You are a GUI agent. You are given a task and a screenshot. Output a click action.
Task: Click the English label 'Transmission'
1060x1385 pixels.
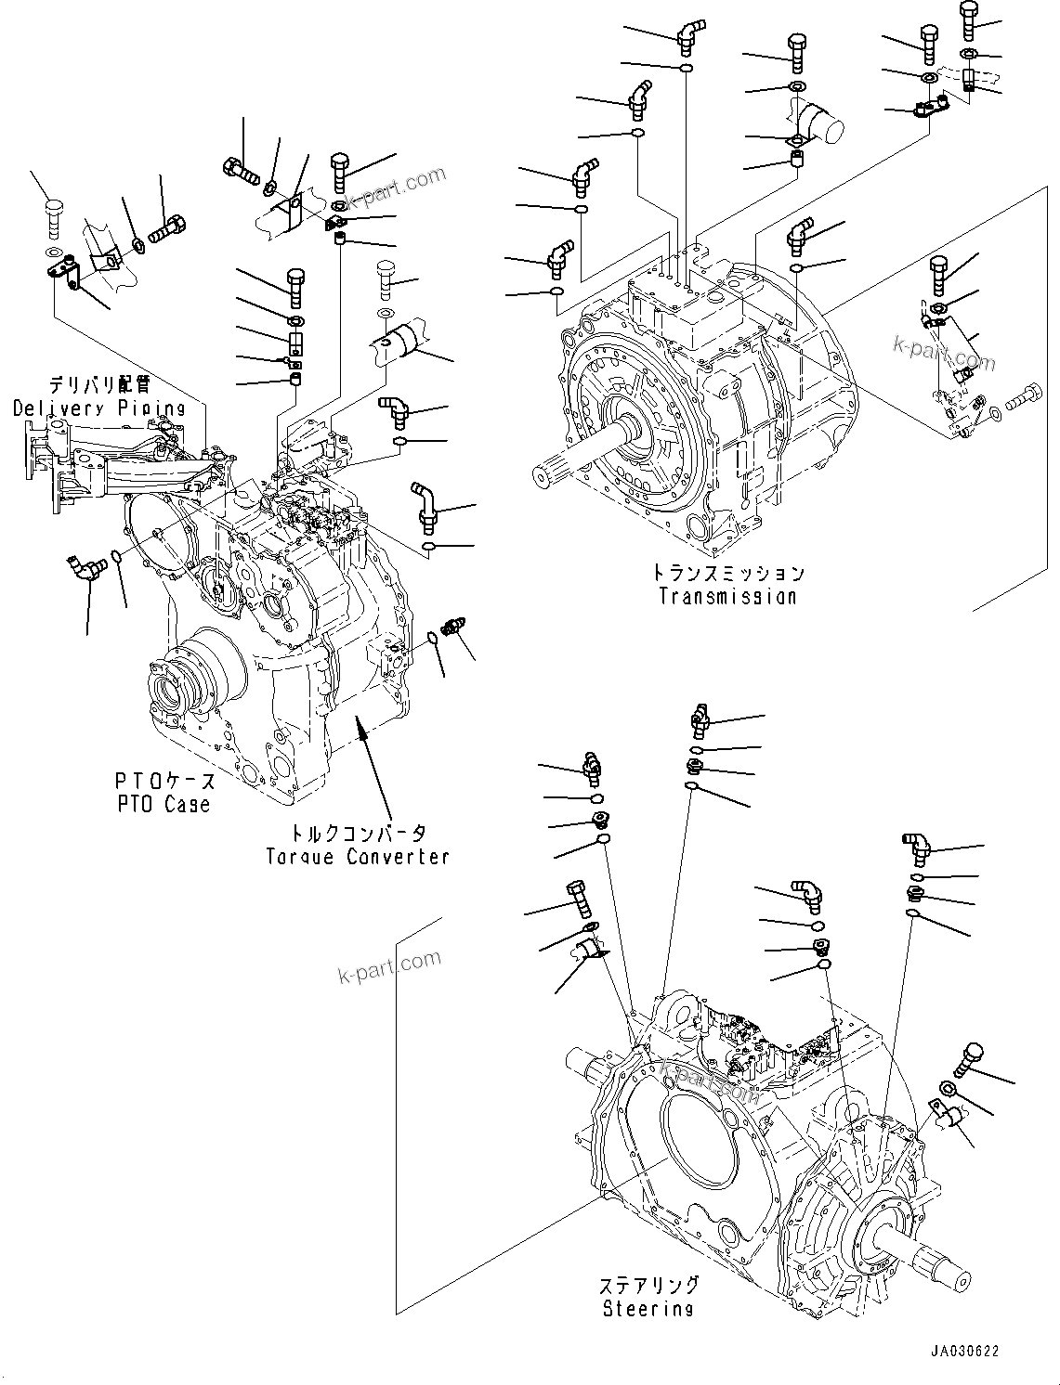click(727, 597)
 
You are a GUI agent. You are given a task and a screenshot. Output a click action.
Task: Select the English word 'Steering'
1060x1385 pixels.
click(648, 1309)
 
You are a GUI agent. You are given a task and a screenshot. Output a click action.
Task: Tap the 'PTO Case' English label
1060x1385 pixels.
click(164, 805)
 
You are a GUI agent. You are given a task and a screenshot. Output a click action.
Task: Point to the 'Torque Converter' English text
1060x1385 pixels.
click(358, 856)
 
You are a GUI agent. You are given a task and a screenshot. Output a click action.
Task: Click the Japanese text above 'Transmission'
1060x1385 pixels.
click(727, 573)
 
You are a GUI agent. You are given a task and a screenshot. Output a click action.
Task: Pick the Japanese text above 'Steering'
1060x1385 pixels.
click(648, 1286)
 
